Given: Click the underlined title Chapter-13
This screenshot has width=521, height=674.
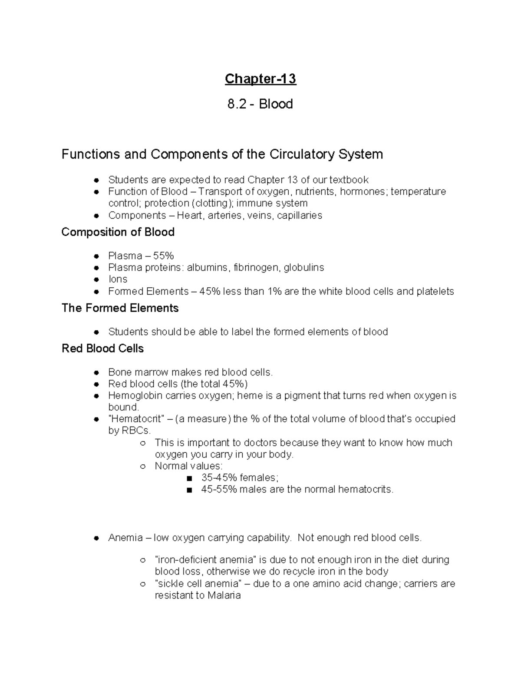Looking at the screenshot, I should pyautogui.click(x=260, y=79).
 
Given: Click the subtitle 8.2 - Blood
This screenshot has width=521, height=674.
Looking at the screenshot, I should pyautogui.click(x=260, y=104).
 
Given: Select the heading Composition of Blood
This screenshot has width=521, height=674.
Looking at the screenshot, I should pyautogui.click(x=118, y=232).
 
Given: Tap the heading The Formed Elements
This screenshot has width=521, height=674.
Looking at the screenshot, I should pyautogui.click(x=120, y=308).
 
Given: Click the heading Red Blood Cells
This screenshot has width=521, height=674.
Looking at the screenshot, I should pyautogui.click(x=102, y=349).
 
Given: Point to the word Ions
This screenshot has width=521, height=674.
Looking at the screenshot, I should pyautogui.click(x=118, y=279).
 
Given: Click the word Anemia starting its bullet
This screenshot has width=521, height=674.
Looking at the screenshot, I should pyautogui.click(x=125, y=538).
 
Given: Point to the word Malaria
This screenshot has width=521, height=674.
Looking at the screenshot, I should pyautogui.click(x=224, y=595).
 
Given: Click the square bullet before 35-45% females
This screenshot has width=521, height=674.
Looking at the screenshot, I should pyautogui.click(x=188, y=478).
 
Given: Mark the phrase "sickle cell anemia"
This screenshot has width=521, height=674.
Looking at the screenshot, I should pyautogui.click(x=197, y=584).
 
